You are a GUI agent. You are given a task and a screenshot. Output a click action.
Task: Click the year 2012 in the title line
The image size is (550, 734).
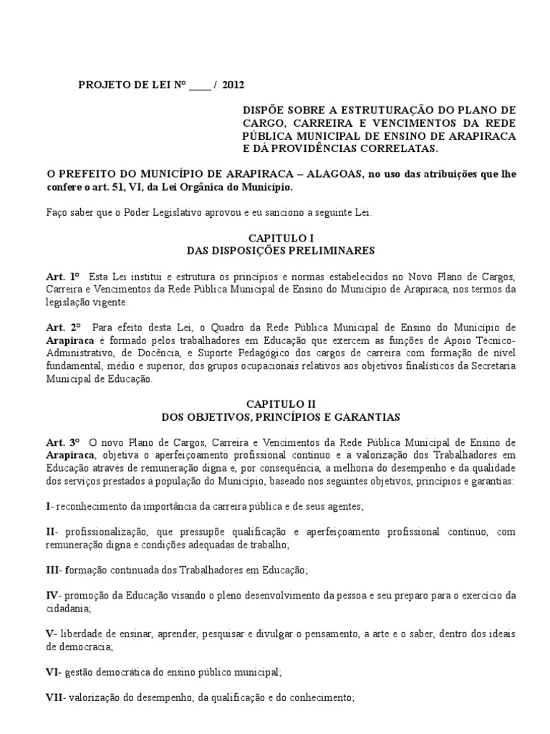click(233, 85)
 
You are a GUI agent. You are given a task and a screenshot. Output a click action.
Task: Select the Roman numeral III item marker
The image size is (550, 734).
click(53, 570)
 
